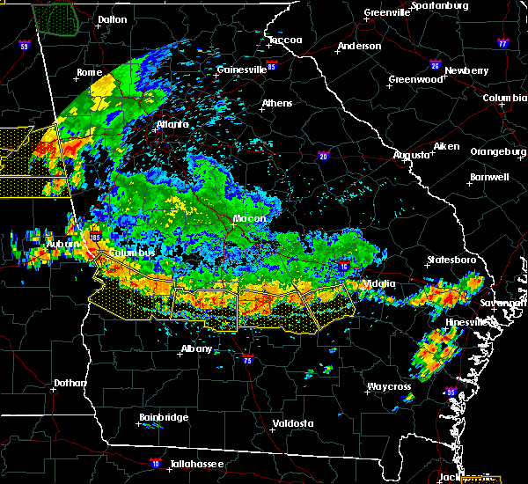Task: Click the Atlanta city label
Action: click(x=172, y=125)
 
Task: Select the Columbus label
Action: click(x=132, y=253)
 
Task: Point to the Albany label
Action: click(x=195, y=348)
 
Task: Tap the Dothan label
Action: click(x=70, y=383)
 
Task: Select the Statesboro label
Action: click(x=451, y=260)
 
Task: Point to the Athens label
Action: click(x=276, y=103)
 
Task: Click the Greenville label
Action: click(x=388, y=13)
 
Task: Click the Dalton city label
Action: click(x=112, y=18)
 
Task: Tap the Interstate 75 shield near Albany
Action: click(x=246, y=358)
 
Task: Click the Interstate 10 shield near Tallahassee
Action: click(x=156, y=461)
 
